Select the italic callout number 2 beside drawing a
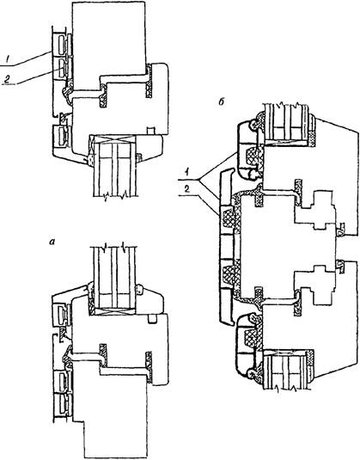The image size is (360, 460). pyautogui.click(x=8, y=78)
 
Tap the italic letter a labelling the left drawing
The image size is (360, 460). pyautogui.click(x=52, y=242)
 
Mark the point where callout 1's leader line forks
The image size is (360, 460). pyautogui.click(x=198, y=179)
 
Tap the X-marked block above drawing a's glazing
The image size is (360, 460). pyautogui.click(x=113, y=138)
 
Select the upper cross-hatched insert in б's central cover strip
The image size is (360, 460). pyautogui.click(x=229, y=216)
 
